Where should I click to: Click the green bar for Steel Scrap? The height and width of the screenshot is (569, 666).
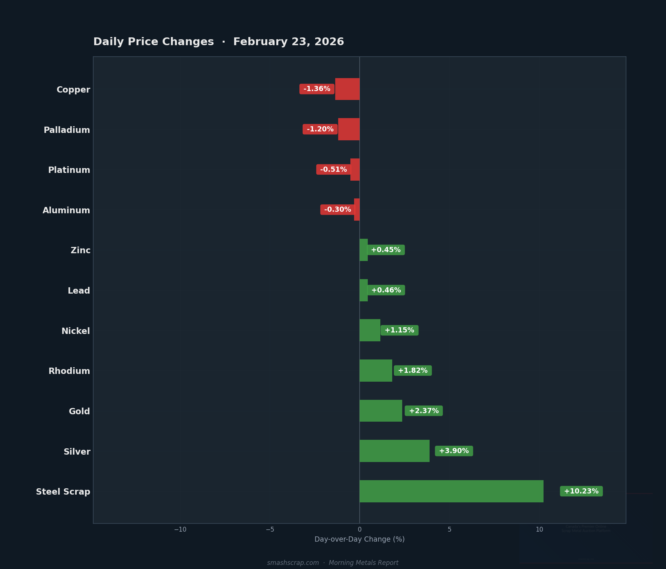tap(451, 491)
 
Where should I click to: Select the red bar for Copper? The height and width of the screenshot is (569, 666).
tap(347, 89)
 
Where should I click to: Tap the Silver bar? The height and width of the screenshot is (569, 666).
tap(394, 451)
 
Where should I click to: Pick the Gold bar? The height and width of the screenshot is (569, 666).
tap(381, 411)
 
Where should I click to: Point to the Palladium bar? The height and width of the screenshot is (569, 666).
tap(349, 129)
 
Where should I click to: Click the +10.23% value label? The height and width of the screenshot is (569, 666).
tap(581, 491)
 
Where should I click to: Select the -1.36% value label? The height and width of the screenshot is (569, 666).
tap(317, 89)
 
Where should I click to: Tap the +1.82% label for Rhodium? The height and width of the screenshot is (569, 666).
tap(413, 371)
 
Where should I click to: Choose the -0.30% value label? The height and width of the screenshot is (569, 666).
tap(337, 210)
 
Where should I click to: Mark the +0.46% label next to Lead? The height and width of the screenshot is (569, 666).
tap(386, 290)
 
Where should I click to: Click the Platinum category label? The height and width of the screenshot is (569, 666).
tap(69, 170)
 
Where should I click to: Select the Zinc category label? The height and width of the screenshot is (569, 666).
tap(81, 250)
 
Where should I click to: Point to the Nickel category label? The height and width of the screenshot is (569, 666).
tap(75, 331)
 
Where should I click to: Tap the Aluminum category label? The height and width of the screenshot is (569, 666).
tap(66, 210)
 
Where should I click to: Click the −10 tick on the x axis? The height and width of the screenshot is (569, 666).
tap(180, 529)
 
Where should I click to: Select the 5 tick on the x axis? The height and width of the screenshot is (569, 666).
tap(450, 529)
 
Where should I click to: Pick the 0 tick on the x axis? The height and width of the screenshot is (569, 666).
tap(360, 529)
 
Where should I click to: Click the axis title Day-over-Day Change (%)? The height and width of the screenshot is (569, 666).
tap(360, 539)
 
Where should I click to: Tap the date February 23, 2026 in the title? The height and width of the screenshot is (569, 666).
tap(289, 42)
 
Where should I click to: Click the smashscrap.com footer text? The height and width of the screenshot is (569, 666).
tap(293, 563)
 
